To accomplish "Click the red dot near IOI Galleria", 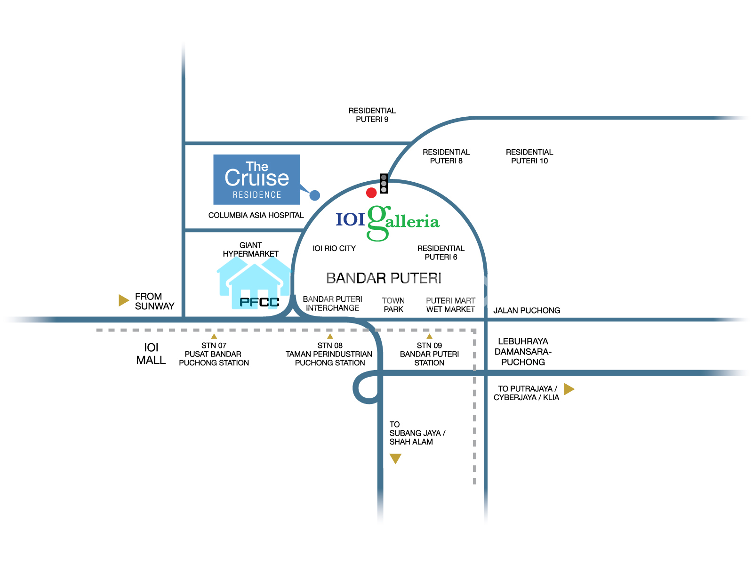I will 371,192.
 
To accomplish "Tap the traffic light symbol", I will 384,183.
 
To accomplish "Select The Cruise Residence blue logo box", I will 256,179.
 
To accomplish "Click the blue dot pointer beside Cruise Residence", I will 315,195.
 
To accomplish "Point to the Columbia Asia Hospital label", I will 256,215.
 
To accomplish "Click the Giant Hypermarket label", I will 250,250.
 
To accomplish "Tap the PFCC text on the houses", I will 259,302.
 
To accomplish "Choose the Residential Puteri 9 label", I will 372,115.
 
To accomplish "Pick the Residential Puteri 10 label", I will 529,156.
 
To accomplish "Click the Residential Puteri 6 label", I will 441,252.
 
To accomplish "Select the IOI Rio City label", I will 334,248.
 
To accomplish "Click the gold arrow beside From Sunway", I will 123,300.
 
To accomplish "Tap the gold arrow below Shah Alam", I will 395,458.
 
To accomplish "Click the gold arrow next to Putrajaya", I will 569,389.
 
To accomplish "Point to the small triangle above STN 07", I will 214,336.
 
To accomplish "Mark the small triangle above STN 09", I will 429,336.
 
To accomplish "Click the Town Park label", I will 393,305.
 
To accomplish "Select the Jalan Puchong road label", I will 527,310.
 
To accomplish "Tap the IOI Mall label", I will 151,354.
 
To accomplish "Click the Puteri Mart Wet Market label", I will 450,305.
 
